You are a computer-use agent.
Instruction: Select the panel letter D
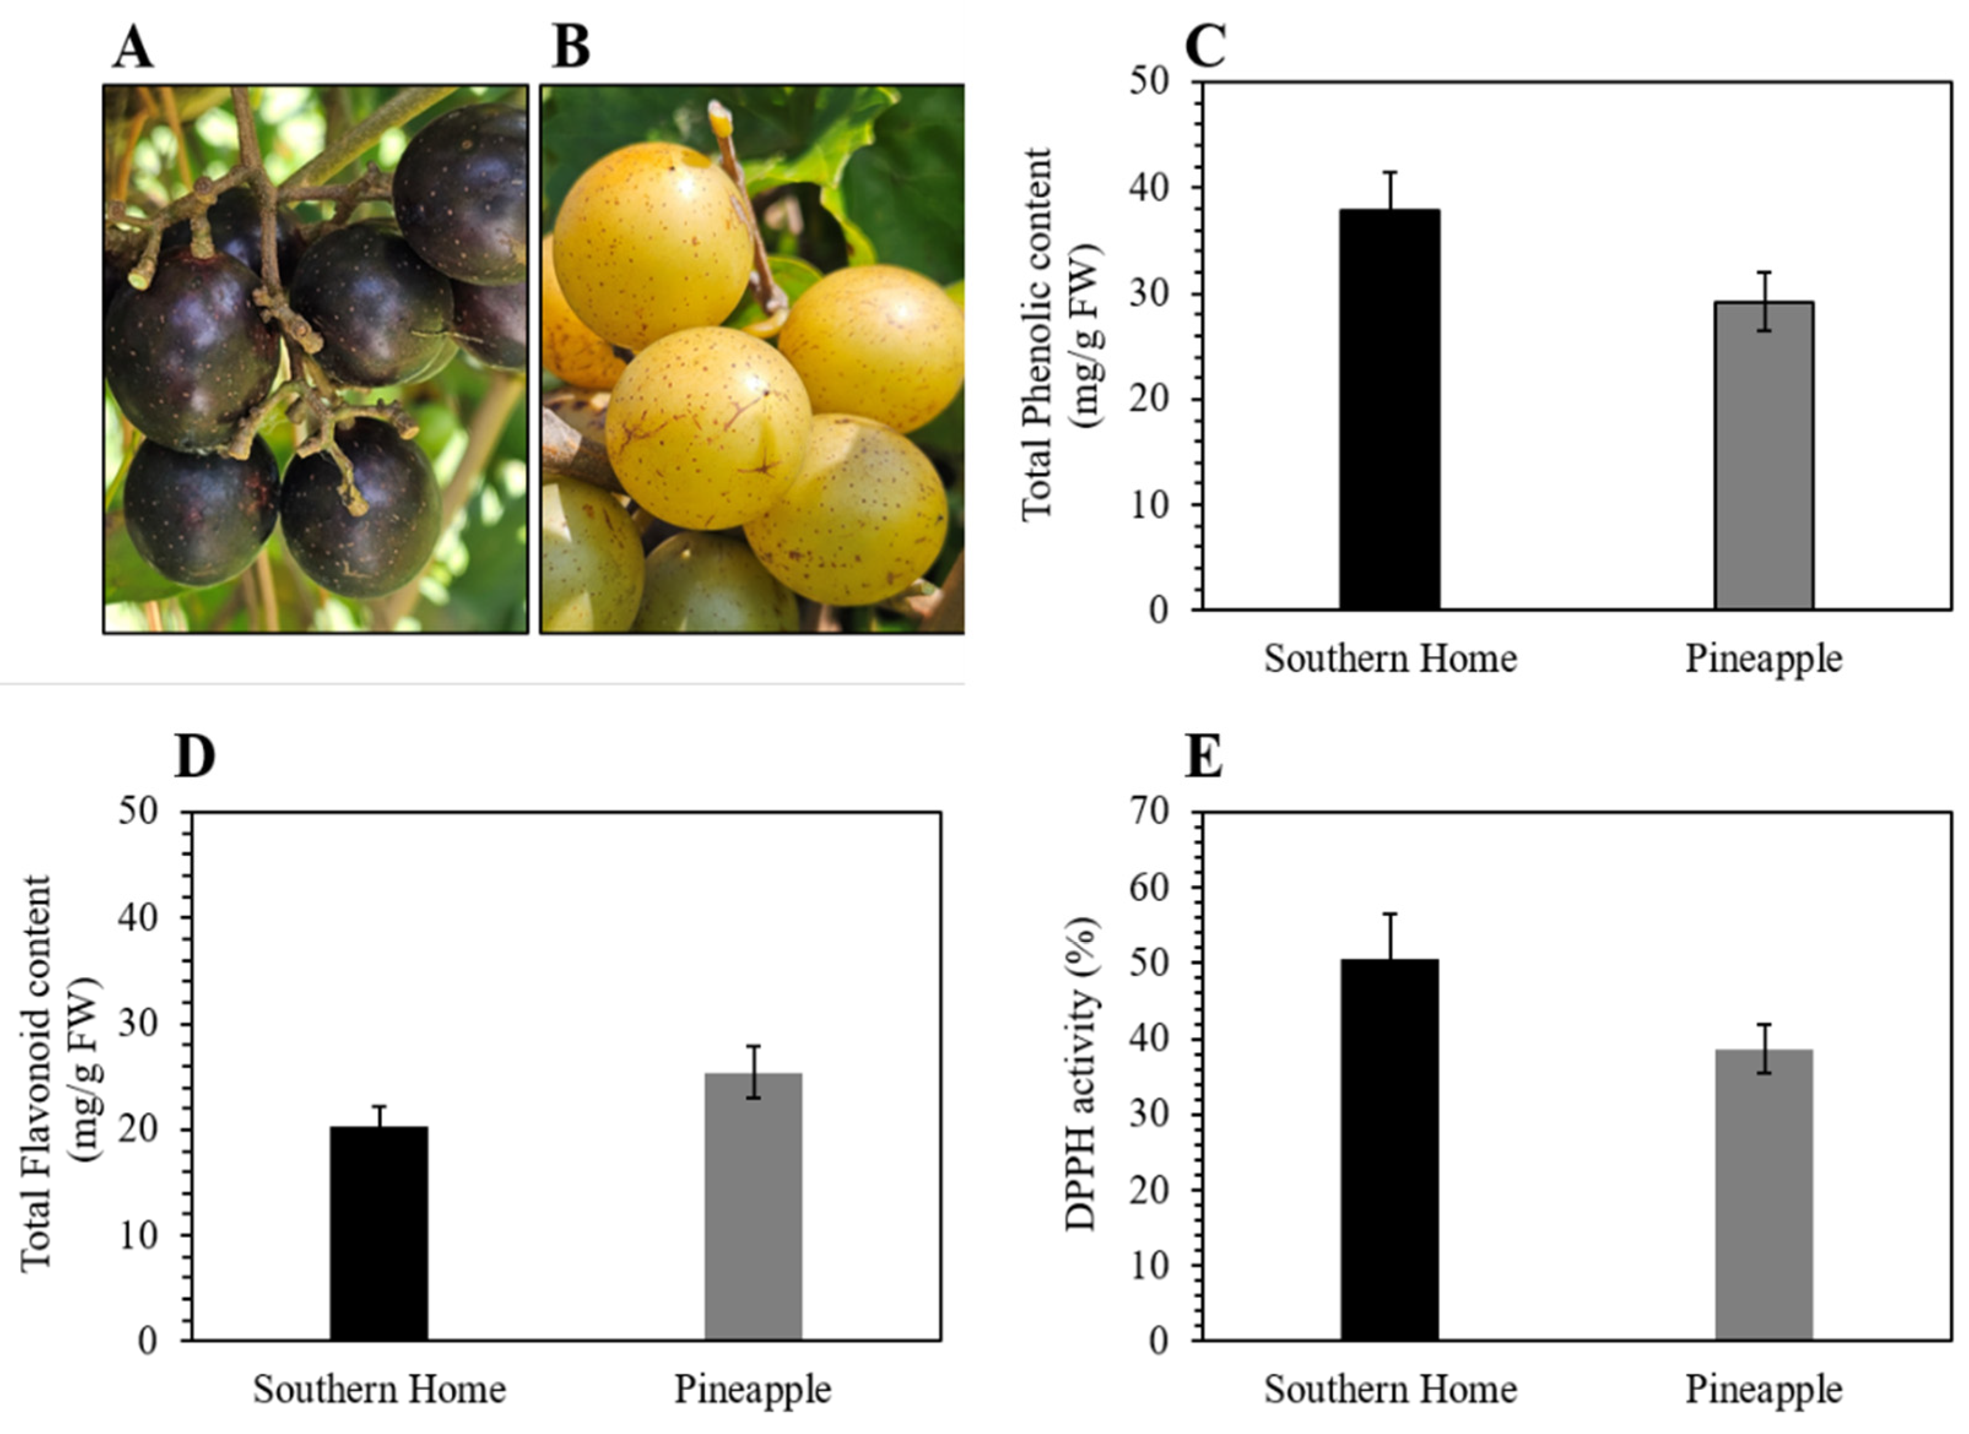click(196, 757)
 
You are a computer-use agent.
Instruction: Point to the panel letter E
click(1205, 757)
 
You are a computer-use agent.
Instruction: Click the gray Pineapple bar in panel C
click(1763, 456)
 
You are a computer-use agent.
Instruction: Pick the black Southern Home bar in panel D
click(378, 1234)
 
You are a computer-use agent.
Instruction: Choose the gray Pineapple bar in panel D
click(752, 1207)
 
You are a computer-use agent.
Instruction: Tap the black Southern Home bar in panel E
click(1389, 1150)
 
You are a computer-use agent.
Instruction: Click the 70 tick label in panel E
click(1149, 812)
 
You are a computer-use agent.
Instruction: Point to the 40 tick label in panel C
click(1149, 188)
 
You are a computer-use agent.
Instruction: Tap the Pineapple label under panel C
click(1763, 659)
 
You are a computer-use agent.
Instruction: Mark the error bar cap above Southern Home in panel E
click(1389, 914)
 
